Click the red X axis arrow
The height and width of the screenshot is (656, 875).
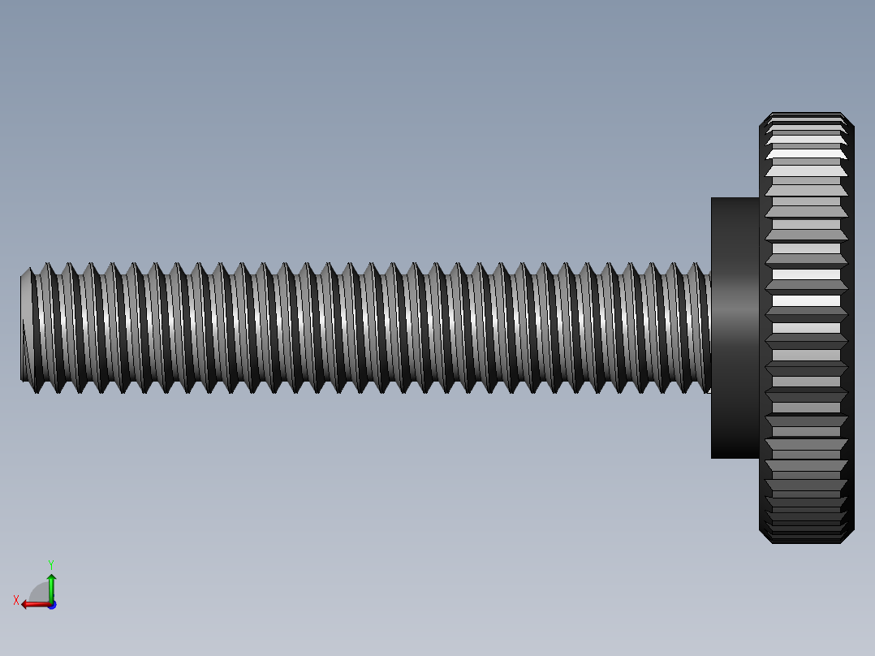click(x=32, y=604)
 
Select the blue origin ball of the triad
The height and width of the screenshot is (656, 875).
click(x=51, y=605)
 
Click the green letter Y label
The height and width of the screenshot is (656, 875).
click(x=50, y=563)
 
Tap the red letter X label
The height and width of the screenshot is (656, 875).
click(x=16, y=600)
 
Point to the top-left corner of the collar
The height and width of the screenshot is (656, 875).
click(x=713, y=199)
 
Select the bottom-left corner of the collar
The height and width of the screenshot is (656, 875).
click(x=713, y=457)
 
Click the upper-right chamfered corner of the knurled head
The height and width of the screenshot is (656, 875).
click(x=848, y=120)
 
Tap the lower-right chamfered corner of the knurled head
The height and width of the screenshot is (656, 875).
click(x=848, y=537)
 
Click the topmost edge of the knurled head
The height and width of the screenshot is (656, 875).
click(x=806, y=114)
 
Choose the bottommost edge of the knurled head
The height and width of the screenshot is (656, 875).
click(x=806, y=542)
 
